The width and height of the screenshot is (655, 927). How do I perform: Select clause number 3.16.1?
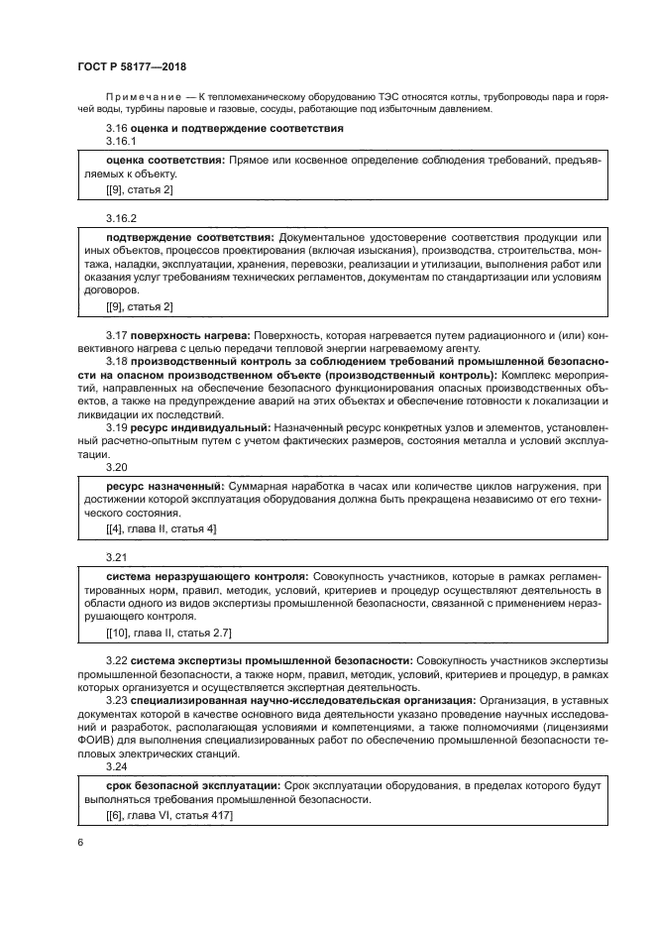[121, 143]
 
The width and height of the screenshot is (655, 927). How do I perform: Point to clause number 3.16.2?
[121, 216]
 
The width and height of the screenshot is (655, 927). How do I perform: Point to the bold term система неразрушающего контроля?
[206, 575]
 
